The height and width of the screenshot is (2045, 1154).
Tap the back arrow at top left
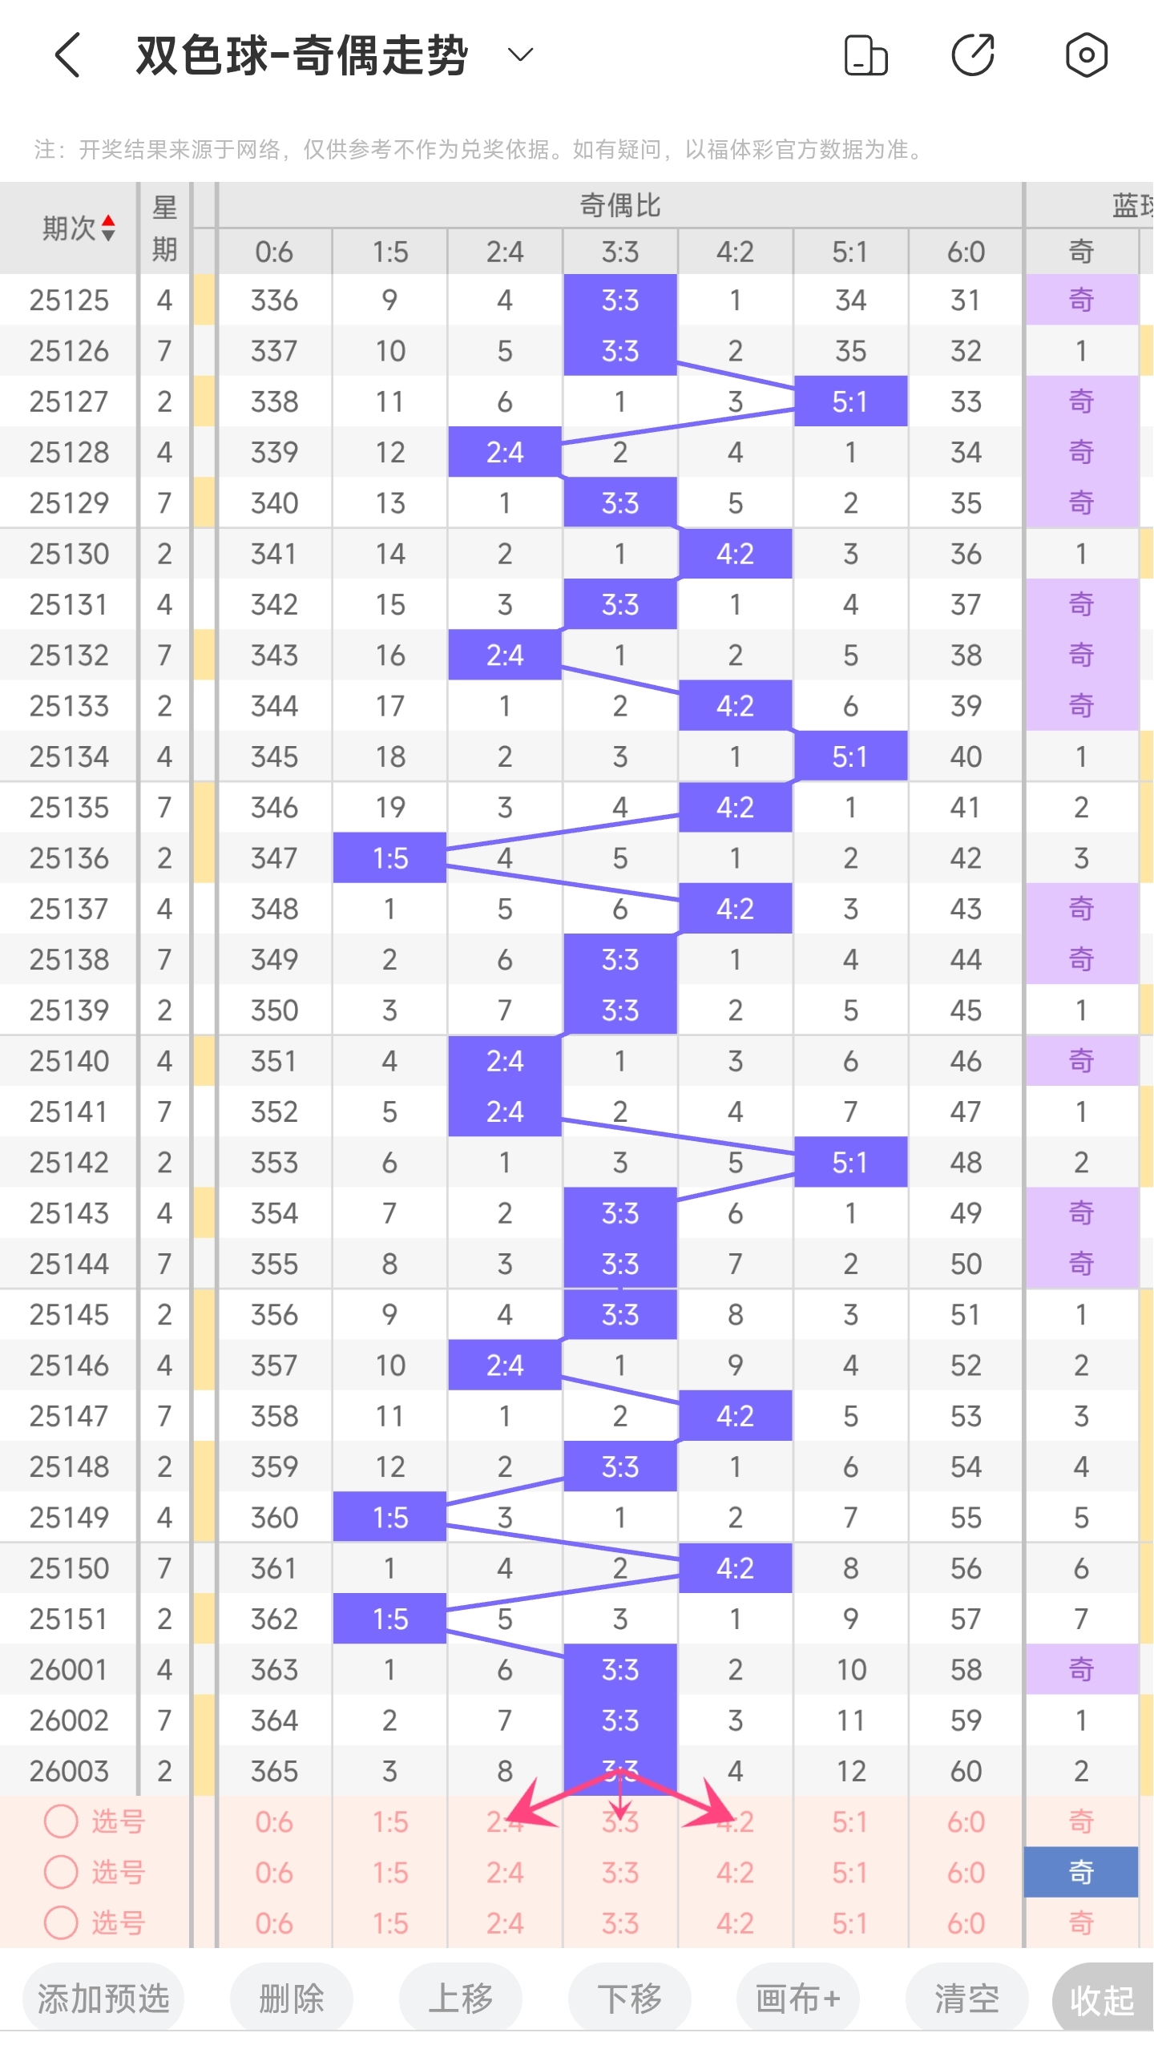coord(68,55)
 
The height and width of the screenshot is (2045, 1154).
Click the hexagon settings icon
coord(1086,55)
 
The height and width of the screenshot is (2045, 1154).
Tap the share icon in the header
coord(973,55)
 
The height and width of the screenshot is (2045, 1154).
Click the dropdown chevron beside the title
coord(521,54)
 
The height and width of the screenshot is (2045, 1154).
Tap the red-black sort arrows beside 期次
coord(108,228)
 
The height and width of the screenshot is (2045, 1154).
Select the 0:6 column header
coord(274,252)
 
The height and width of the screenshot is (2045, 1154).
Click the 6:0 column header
coord(966,252)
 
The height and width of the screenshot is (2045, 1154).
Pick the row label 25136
coord(69,858)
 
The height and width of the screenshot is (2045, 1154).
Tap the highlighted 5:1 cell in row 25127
coord(850,401)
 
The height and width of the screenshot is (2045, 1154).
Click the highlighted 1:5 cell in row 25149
coord(390,1518)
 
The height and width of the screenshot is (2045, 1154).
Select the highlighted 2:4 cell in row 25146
coord(505,1365)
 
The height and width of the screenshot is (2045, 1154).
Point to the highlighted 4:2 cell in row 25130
coord(735,554)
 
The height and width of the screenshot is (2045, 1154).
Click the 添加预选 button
coord(103,1999)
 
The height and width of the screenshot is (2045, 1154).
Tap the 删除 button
coord(292,1999)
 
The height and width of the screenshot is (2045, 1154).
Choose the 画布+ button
coord(798,1999)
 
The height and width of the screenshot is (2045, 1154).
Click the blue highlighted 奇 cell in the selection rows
coord(1081,1873)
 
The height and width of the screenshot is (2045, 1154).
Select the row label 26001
coord(69,1670)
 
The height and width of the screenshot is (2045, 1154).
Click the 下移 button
coord(630,1999)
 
